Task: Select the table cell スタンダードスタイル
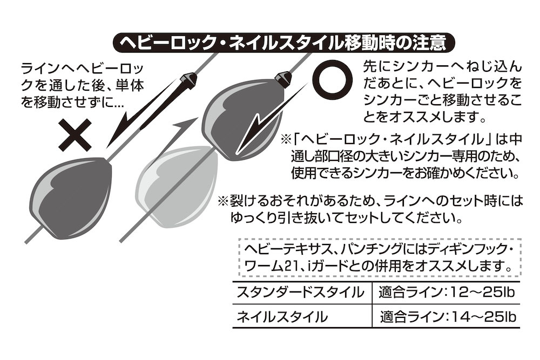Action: pos(300,293)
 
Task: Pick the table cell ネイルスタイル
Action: pos(282,317)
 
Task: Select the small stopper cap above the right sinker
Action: pos(283,77)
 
